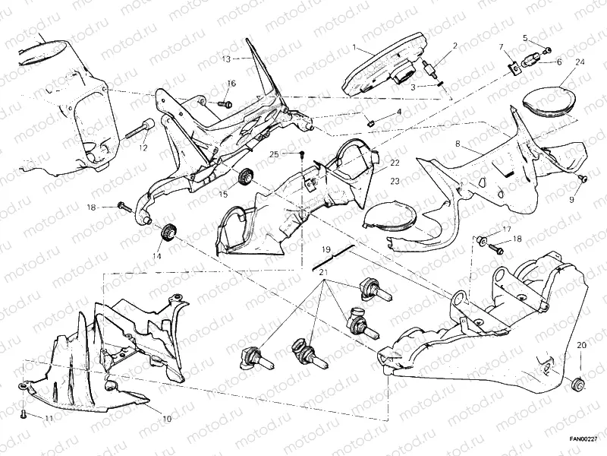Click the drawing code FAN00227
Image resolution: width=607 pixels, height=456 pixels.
[x=584, y=439]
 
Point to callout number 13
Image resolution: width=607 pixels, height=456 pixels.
[x=226, y=58]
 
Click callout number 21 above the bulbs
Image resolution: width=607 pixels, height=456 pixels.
[x=323, y=271]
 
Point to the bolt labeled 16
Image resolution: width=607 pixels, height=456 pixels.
[x=225, y=102]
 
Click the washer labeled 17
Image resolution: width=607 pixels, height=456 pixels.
[x=483, y=242]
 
